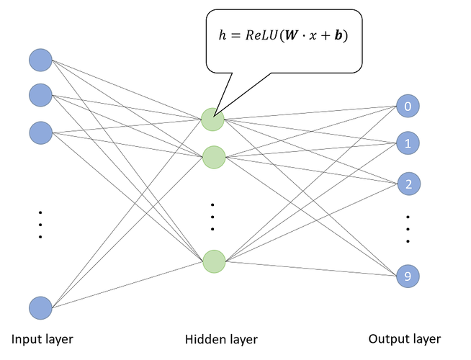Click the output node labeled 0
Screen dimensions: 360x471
click(408, 107)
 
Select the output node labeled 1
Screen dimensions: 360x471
click(408, 143)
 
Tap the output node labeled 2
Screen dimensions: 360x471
click(408, 184)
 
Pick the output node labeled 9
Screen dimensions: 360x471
click(408, 276)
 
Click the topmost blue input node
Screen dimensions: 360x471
click(40, 59)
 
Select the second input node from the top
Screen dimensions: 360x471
click(40, 94)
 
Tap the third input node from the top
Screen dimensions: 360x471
click(40, 132)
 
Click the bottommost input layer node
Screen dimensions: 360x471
click(40, 308)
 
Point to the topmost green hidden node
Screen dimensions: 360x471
click(213, 120)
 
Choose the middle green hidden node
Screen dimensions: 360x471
click(213, 156)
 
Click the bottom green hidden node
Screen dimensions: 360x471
click(213, 261)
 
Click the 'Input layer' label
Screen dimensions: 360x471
click(42, 338)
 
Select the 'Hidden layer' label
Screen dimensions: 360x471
click(221, 339)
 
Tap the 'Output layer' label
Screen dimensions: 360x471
click(404, 338)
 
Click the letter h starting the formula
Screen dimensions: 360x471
click(223, 36)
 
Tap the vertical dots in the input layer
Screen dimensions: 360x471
click(40, 224)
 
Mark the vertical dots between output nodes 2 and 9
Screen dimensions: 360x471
click(408, 229)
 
